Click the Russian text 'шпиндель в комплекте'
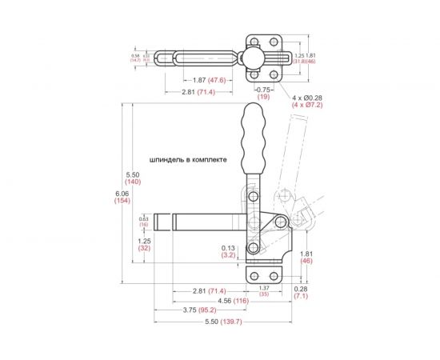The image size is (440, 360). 188,159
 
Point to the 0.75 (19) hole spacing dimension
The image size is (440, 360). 263,93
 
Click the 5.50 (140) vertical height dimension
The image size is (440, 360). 134,178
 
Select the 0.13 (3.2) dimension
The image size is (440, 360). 228,252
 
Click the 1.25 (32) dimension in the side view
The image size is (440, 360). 145,244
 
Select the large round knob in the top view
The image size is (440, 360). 252,58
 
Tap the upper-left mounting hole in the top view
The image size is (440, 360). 253,40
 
